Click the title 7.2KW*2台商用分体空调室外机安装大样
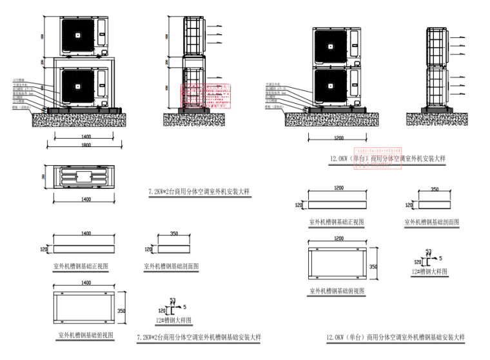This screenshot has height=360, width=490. [199, 192]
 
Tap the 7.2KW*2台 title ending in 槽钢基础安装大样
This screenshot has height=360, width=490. [199, 337]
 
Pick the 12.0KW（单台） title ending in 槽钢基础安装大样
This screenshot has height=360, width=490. [395, 337]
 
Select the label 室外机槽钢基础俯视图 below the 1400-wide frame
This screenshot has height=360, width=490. [86, 335]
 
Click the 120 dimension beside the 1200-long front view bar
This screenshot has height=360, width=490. [299, 205]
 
